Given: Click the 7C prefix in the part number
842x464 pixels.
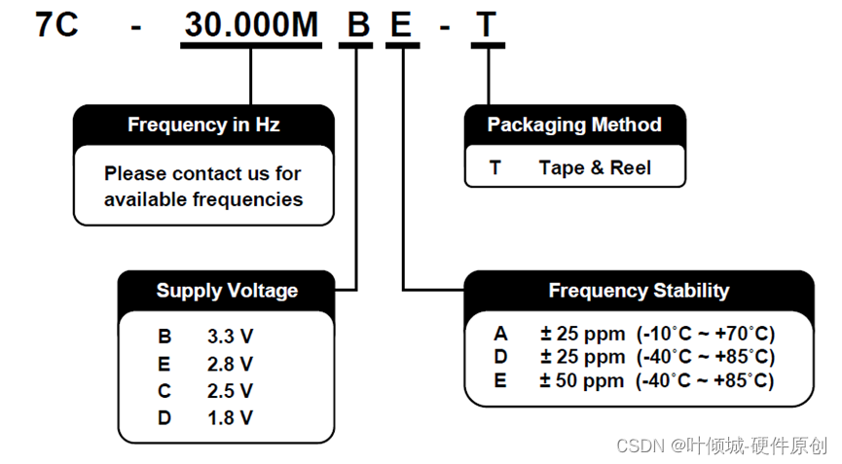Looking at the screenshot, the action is click(x=56, y=24).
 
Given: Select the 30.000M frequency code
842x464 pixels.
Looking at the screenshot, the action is click(x=251, y=24).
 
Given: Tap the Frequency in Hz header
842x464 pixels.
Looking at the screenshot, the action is click(x=204, y=125).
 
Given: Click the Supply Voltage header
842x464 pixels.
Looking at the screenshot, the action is click(x=227, y=290).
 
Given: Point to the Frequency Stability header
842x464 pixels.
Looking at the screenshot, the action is click(x=639, y=290).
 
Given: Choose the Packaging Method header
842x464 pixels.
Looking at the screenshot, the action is click(x=574, y=125).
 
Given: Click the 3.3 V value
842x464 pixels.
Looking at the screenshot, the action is click(x=231, y=337).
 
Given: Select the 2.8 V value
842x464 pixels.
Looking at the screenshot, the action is click(x=231, y=364).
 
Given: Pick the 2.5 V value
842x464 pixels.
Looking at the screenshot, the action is click(x=231, y=391).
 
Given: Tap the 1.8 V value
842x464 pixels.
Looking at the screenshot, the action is click(x=231, y=418).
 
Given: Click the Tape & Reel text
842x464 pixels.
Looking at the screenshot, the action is click(x=595, y=167).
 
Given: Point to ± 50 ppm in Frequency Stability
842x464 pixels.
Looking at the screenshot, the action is click(x=583, y=381).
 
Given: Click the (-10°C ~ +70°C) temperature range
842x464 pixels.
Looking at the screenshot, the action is click(x=706, y=334).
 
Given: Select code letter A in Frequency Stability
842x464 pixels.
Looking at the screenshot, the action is click(x=500, y=334).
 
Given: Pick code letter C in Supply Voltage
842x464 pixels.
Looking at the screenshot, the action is click(x=165, y=391).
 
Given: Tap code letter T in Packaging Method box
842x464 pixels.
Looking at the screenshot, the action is click(x=494, y=167).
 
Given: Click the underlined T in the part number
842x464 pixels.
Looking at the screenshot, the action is click(x=488, y=24).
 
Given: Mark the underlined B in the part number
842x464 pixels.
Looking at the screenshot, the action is click(x=358, y=24).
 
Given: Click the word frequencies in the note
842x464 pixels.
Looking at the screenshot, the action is click(x=247, y=199).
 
